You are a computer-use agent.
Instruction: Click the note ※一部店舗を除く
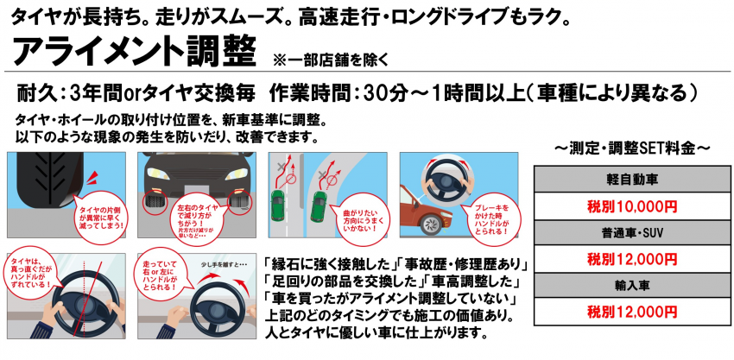[331, 60]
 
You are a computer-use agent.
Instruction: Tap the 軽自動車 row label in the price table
[623, 180]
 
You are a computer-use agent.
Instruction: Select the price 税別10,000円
[623, 206]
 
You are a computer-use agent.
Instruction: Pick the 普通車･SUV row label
[623, 233]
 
